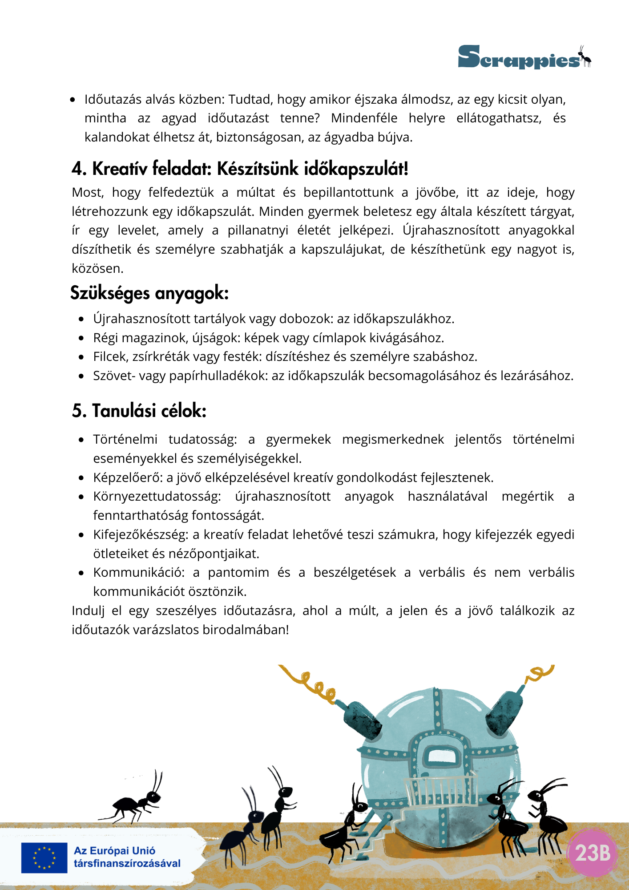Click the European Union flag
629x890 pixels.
44,858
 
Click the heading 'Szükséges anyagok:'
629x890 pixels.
149,293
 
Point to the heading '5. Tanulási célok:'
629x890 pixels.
139,411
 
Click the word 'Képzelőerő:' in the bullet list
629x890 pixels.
128,477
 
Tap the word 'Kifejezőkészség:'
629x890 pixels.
141,534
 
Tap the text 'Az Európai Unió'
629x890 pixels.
114,851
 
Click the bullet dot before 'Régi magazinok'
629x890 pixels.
81,338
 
